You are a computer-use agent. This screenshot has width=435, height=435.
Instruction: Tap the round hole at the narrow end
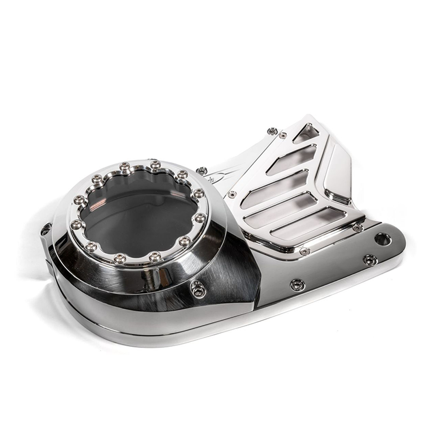click(383, 238)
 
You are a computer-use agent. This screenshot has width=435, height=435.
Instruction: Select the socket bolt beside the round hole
click(370, 260)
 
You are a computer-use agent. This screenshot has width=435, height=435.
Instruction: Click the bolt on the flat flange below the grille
click(298, 284)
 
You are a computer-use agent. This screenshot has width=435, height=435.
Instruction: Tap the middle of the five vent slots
click(275, 188)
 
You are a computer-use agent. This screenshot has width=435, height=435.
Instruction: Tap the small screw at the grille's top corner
click(283, 135)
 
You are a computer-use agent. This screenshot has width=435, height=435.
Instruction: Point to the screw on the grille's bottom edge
click(304, 251)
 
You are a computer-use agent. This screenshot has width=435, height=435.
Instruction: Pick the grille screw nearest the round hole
click(358, 228)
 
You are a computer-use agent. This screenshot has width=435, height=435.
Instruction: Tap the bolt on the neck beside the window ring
click(201, 170)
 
